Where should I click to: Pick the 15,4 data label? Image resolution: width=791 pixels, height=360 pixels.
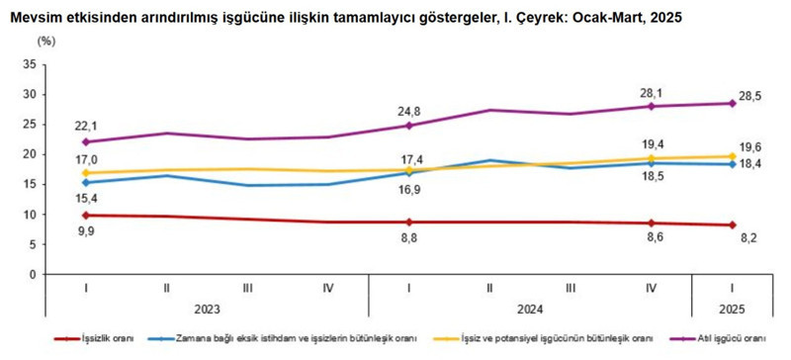[x=89, y=200]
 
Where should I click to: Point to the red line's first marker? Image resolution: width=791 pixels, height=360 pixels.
[x=89, y=215]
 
